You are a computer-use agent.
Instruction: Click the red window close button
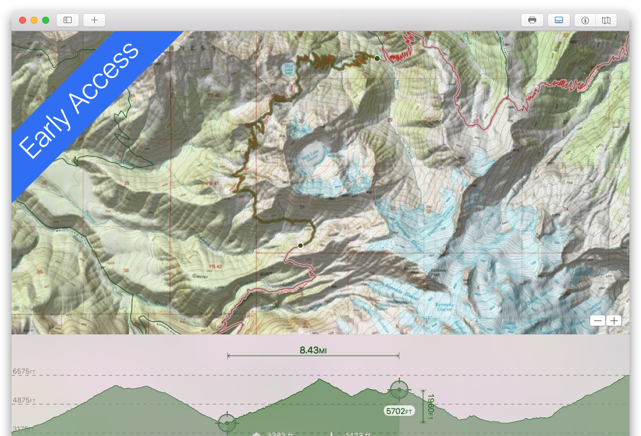click(x=23, y=20)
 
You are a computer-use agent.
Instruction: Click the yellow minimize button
click(x=34, y=20)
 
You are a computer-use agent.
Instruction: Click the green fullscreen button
click(x=46, y=20)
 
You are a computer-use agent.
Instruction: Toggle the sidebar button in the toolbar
click(x=68, y=20)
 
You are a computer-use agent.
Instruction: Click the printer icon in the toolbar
click(x=532, y=20)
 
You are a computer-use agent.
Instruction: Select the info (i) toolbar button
click(x=585, y=20)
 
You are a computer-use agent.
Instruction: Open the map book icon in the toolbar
click(x=606, y=20)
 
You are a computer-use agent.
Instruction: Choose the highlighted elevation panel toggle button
click(x=558, y=20)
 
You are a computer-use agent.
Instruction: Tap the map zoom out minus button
click(x=598, y=321)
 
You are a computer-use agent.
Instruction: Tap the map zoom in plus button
click(x=614, y=321)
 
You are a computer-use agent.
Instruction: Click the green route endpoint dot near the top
click(x=377, y=58)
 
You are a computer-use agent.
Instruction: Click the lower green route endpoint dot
click(x=301, y=245)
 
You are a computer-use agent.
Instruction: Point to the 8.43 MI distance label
click(x=313, y=350)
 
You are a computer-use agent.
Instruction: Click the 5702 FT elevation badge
click(x=399, y=411)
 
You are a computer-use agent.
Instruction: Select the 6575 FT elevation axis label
click(x=24, y=371)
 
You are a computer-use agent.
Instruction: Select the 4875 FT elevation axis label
click(x=24, y=400)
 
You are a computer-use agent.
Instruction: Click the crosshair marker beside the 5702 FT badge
click(x=399, y=390)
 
